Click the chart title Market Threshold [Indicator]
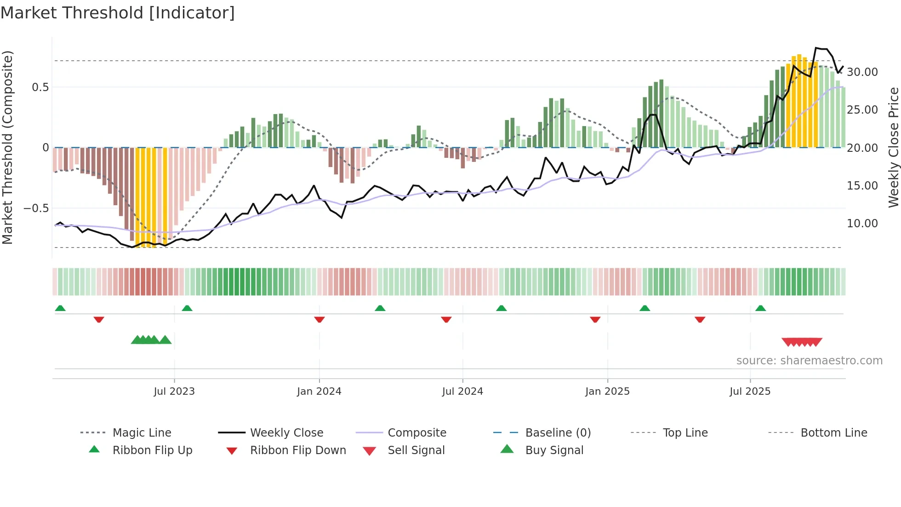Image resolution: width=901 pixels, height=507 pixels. click(x=118, y=13)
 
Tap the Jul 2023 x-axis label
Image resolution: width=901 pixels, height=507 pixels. click(x=174, y=392)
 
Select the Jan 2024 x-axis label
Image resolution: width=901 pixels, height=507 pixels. click(x=319, y=392)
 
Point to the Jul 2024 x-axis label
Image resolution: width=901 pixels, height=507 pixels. click(x=462, y=392)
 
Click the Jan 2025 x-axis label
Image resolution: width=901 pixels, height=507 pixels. click(x=607, y=392)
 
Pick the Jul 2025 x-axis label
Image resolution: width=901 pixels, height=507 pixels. click(x=750, y=392)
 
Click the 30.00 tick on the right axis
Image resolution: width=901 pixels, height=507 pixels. click(x=862, y=72)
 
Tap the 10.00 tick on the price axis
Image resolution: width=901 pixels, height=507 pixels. click(x=862, y=224)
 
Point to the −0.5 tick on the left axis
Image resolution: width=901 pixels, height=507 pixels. click(x=36, y=208)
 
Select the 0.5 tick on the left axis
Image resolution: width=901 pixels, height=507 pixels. click(x=40, y=87)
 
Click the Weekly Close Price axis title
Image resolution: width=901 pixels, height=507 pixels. click(x=893, y=147)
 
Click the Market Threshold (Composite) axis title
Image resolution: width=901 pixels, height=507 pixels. click(x=8, y=147)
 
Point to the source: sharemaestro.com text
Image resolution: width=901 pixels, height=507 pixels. click(x=809, y=361)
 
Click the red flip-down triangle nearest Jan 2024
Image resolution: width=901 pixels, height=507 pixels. click(x=319, y=319)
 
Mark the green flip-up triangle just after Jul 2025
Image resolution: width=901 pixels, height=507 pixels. click(x=760, y=308)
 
